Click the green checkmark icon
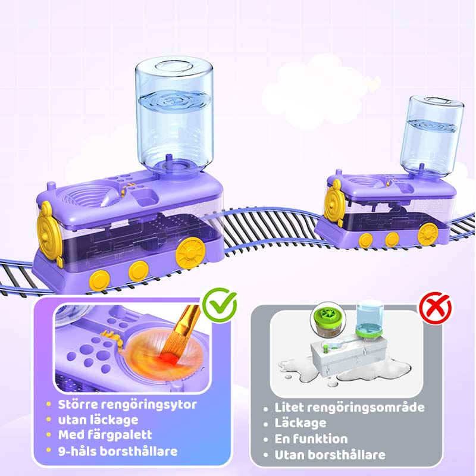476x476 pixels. point(220,305)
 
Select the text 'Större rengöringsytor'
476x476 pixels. point(127,405)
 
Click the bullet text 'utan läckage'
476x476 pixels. point(98,420)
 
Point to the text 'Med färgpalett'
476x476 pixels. point(105,435)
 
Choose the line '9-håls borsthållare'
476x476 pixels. point(118,451)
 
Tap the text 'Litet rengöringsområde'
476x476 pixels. point(349,408)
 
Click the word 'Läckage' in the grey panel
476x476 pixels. point(300,423)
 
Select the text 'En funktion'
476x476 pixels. point(311,439)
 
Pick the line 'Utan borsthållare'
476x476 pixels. point(330,455)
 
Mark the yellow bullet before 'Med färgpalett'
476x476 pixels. point(49,435)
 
